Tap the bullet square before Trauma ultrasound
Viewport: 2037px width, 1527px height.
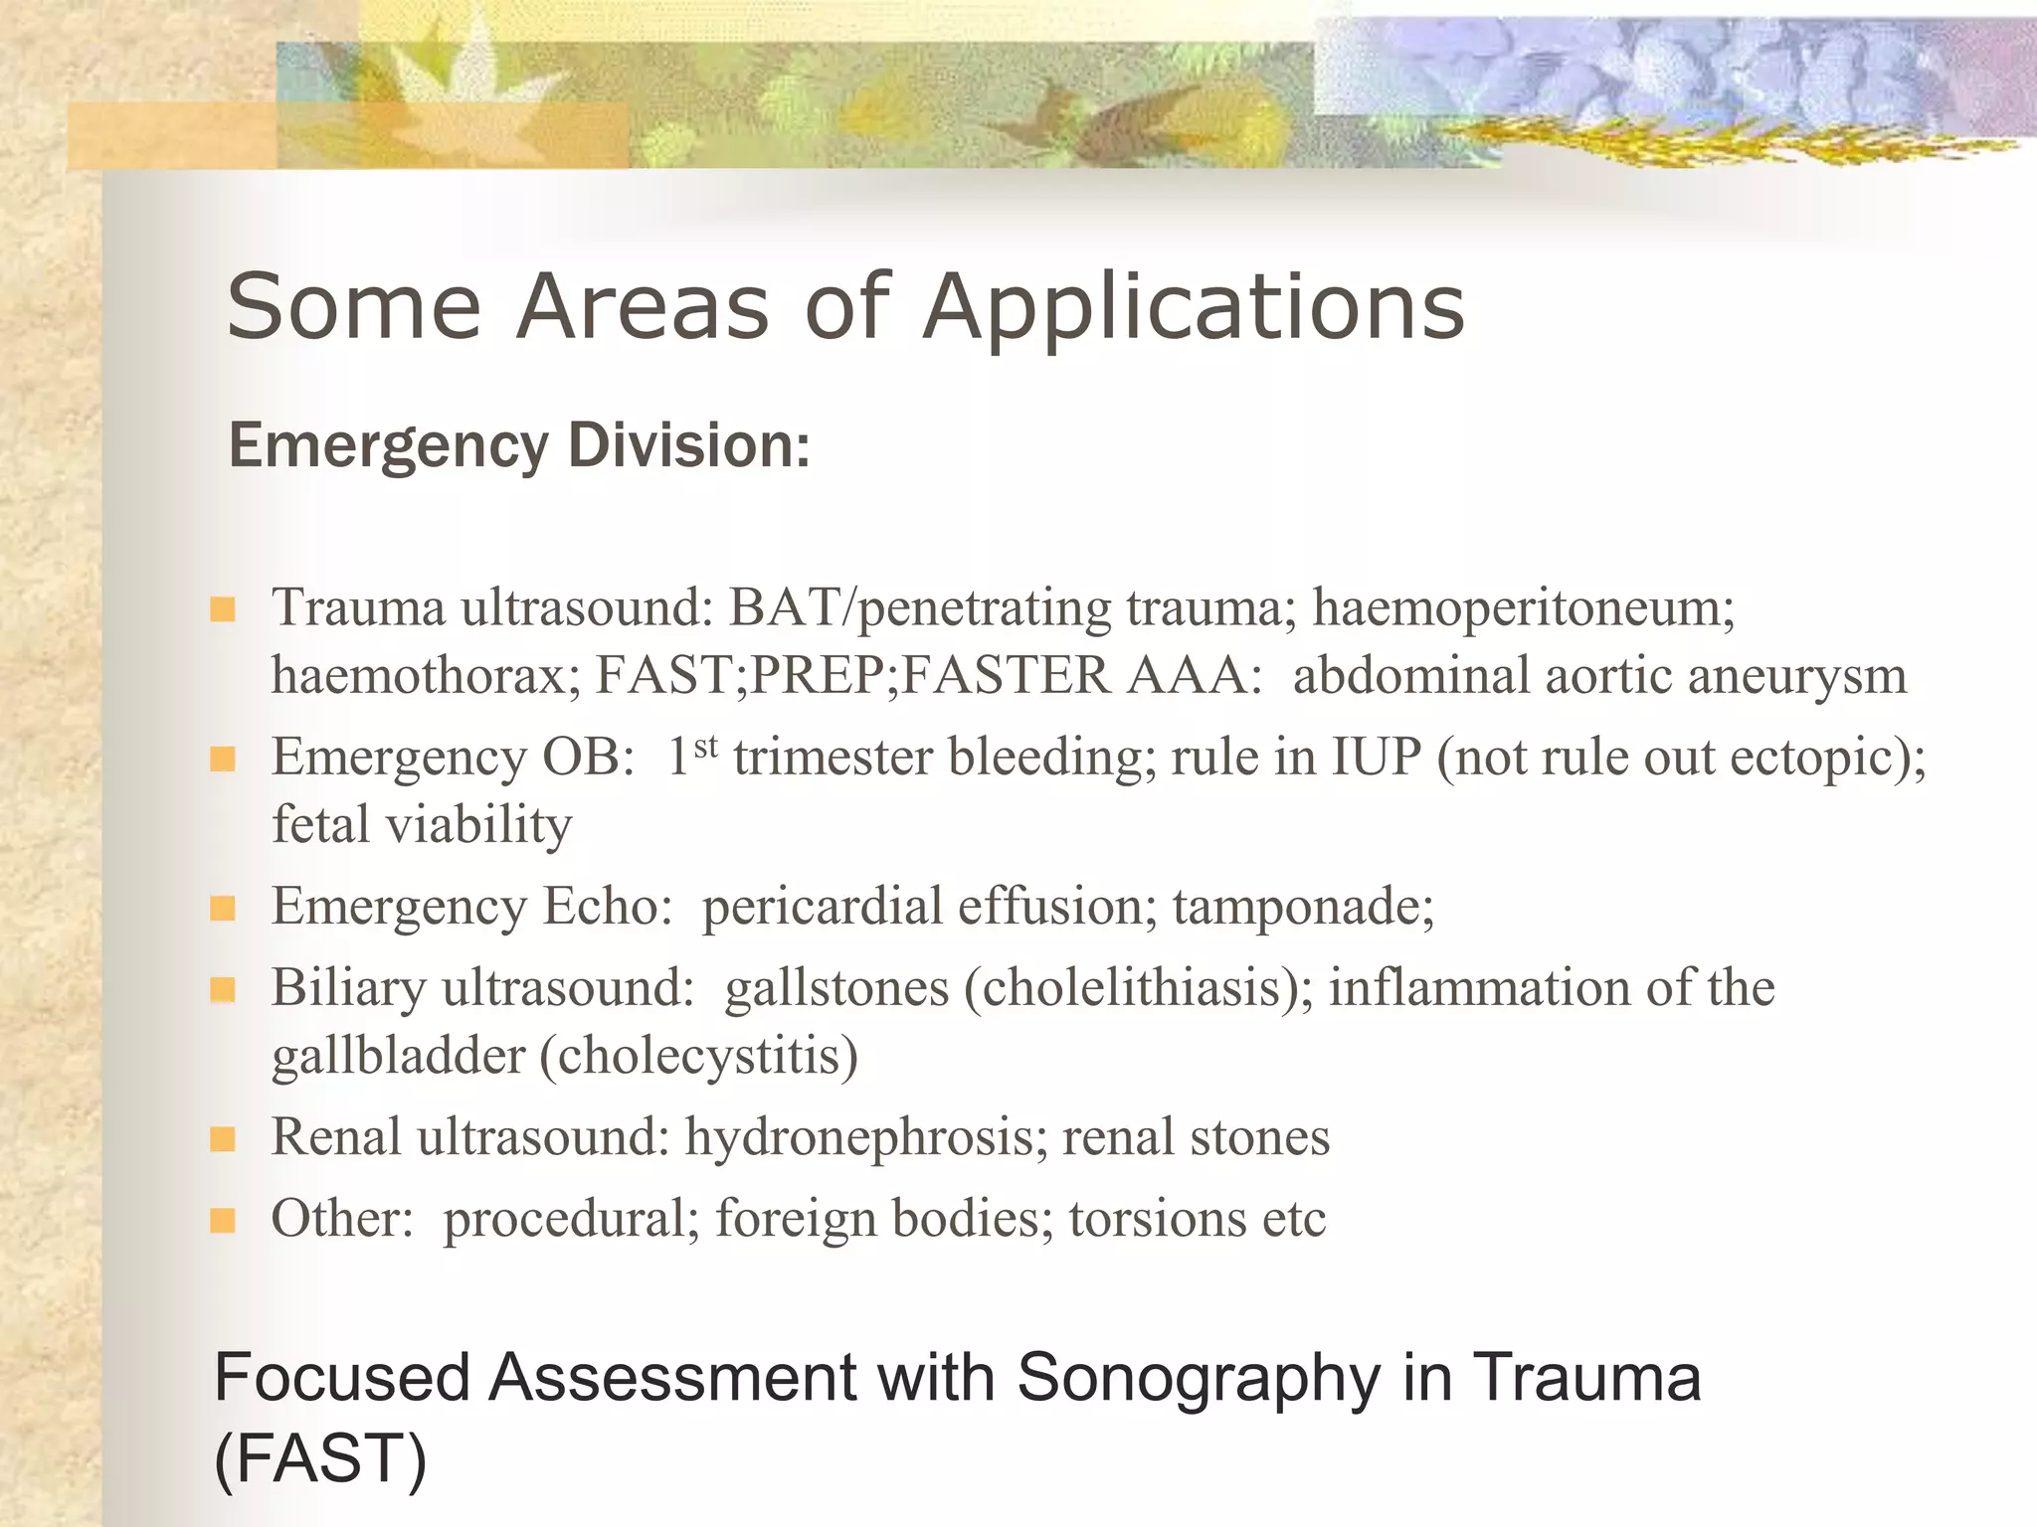223,609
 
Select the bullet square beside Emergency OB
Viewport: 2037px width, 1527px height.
223,760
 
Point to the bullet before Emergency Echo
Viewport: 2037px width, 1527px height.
223,908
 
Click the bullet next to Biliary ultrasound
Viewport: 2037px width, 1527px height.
223,989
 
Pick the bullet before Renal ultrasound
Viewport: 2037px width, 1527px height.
223,1138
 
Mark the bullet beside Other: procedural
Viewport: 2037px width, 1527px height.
223,1220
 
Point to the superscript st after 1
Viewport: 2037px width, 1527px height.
705,746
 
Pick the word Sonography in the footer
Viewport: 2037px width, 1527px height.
1199,1379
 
